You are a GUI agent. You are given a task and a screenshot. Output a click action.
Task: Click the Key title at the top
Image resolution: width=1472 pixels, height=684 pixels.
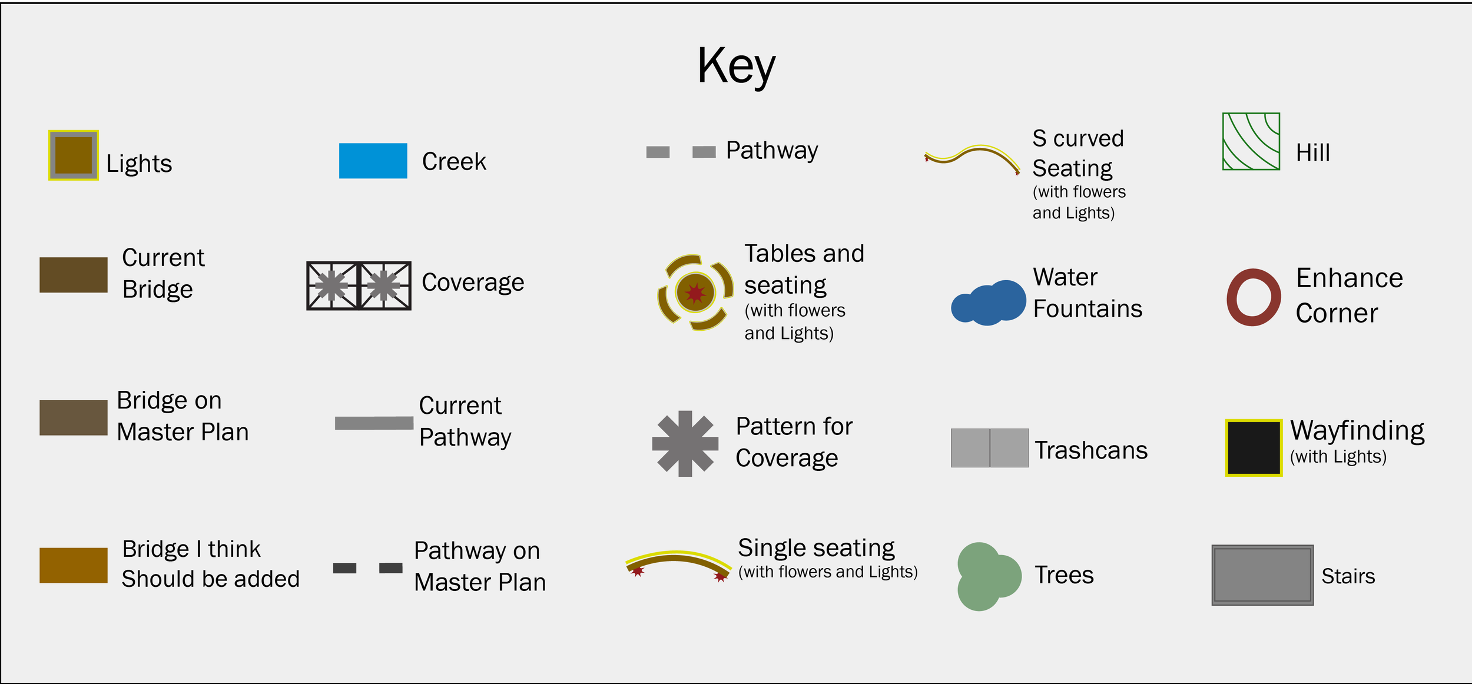pyautogui.click(x=736, y=66)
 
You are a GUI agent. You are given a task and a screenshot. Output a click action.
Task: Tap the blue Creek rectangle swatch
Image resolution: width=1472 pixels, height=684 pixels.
pyautogui.click(x=373, y=161)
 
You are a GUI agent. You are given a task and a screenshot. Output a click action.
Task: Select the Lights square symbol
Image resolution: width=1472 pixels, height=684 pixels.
pyautogui.click(x=74, y=155)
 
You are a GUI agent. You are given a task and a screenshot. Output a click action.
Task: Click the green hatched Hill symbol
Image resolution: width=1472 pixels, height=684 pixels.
pyautogui.click(x=1251, y=141)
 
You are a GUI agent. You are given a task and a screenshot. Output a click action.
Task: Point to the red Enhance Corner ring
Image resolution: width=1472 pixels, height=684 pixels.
pyautogui.click(x=1254, y=297)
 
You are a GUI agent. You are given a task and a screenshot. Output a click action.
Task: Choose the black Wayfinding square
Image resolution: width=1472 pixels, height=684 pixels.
pyautogui.click(x=1254, y=447)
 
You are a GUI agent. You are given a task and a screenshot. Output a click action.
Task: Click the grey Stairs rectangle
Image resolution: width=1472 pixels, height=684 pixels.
pyautogui.click(x=1262, y=575)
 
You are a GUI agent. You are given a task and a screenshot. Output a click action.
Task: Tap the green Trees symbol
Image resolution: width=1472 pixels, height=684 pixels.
pyautogui.click(x=986, y=576)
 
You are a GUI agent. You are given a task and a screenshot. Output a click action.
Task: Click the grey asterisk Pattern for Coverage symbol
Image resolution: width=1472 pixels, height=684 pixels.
pyautogui.click(x=685, y=444)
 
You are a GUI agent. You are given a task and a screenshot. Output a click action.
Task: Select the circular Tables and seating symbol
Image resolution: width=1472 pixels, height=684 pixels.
pyautogui.click(x=695, y=292)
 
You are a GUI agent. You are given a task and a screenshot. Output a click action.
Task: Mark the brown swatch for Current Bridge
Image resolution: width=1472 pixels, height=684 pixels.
pyautogui.click(x=74, y=275)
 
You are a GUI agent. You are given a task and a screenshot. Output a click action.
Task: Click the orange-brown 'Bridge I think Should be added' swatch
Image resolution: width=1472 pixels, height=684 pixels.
pyautogui.click(x=74, y=566)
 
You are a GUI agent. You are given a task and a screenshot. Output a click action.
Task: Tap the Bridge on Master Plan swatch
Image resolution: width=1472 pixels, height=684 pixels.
pyautogui.click(x=74, y=418)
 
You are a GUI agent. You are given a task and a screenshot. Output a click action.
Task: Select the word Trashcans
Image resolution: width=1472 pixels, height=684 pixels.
pyautogui.click(x=1091, y=450)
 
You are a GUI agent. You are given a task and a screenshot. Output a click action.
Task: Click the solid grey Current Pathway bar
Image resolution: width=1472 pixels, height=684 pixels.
pyautogui.click(x=374, y=423)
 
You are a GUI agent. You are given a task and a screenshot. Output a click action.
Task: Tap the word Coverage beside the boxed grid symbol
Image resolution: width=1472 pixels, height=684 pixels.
pyautogui.click(x=473, y=283)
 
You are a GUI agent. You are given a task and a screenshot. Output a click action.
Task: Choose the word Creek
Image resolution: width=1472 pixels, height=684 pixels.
pyautogui.click(x=454, y=162)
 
